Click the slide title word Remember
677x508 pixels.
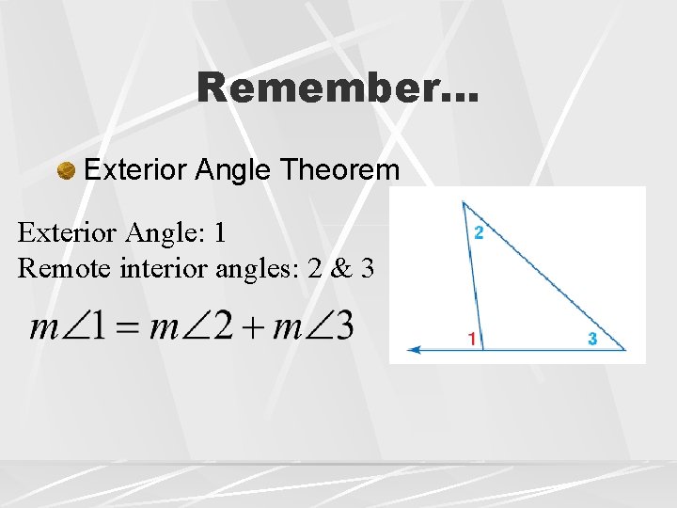337,89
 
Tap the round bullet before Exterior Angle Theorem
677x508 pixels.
66,171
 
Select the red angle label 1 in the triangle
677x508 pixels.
471,339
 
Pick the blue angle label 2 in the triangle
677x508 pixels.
479,232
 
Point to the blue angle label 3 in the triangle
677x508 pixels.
591,339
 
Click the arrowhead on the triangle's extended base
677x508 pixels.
412,350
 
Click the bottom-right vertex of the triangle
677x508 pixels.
625,349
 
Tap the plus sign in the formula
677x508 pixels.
254,329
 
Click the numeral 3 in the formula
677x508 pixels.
343,327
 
